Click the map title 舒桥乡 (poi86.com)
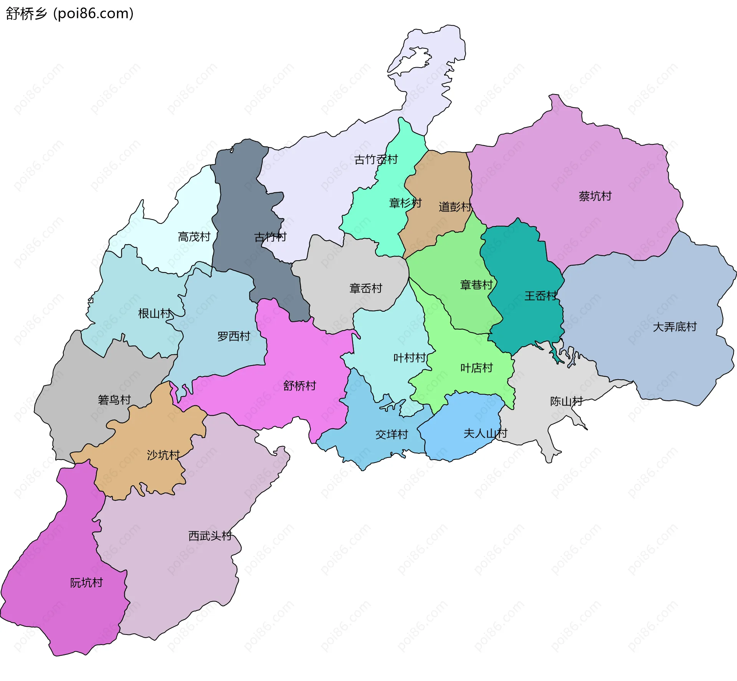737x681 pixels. tap(69, 13)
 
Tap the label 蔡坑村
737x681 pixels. tap(595, 196)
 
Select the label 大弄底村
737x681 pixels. tap(674, 327)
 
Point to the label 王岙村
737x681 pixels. tap(540, 296)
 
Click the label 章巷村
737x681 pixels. tap(476, 285)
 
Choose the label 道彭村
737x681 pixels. tap(455, 207)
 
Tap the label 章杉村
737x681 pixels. tap(405, 203)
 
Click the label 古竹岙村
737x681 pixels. tap(376, 159)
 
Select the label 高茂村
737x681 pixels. tap(194, 237)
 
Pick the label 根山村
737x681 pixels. tap(154, 314)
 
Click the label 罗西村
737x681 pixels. tap(233, 336)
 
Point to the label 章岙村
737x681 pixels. tap(365, 288)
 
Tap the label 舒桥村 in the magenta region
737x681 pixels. tap(299, 386)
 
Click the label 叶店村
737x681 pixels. tap(476, 368)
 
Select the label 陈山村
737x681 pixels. tap(566, 402)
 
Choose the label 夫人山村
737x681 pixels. tap(485, 433)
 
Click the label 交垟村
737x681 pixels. tap(391, 435)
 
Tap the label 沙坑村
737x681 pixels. tap(163, 455)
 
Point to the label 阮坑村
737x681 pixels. tap(86, 583)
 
